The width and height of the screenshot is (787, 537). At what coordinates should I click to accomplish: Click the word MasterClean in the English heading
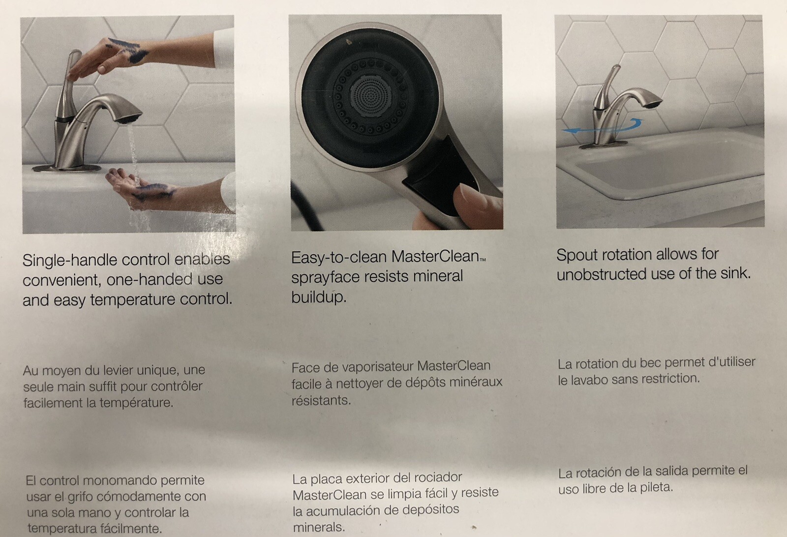pos(435,257)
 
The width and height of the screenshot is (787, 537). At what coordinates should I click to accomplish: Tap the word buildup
pos(318,297)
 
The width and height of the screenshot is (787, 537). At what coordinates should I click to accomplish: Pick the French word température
pos(135,402)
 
